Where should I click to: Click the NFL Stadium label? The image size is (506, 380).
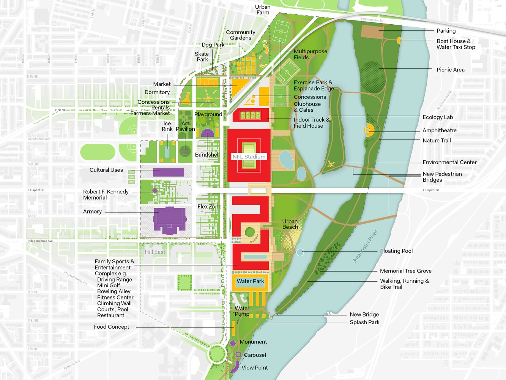pos(249,157)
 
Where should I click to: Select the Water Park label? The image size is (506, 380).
pos(250,282)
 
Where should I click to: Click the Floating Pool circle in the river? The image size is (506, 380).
pos(300,252)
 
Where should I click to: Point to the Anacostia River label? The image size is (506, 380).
pos(365,246)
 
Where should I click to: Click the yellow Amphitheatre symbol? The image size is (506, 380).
pos(368,130)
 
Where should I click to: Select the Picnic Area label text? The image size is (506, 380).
pos(450,70)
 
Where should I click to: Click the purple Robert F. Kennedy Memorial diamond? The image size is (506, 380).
pos(155,191)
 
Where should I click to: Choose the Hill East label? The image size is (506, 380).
pos(155,252)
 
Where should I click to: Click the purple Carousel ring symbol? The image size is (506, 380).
pos(238,355)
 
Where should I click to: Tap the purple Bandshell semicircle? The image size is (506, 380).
pos(207,133)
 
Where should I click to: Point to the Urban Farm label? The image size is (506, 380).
pos(263,10)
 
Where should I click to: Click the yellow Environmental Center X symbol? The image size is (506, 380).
pos(331,164)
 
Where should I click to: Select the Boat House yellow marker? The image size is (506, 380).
pos(399,41)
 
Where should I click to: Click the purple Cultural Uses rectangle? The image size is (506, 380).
pos(169,172)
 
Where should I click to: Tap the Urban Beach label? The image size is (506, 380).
pos(290,224)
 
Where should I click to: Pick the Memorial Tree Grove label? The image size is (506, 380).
pos(405,271)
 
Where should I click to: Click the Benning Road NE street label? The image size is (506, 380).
pos(372,20)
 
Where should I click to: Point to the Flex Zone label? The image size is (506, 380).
pos(209,207)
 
